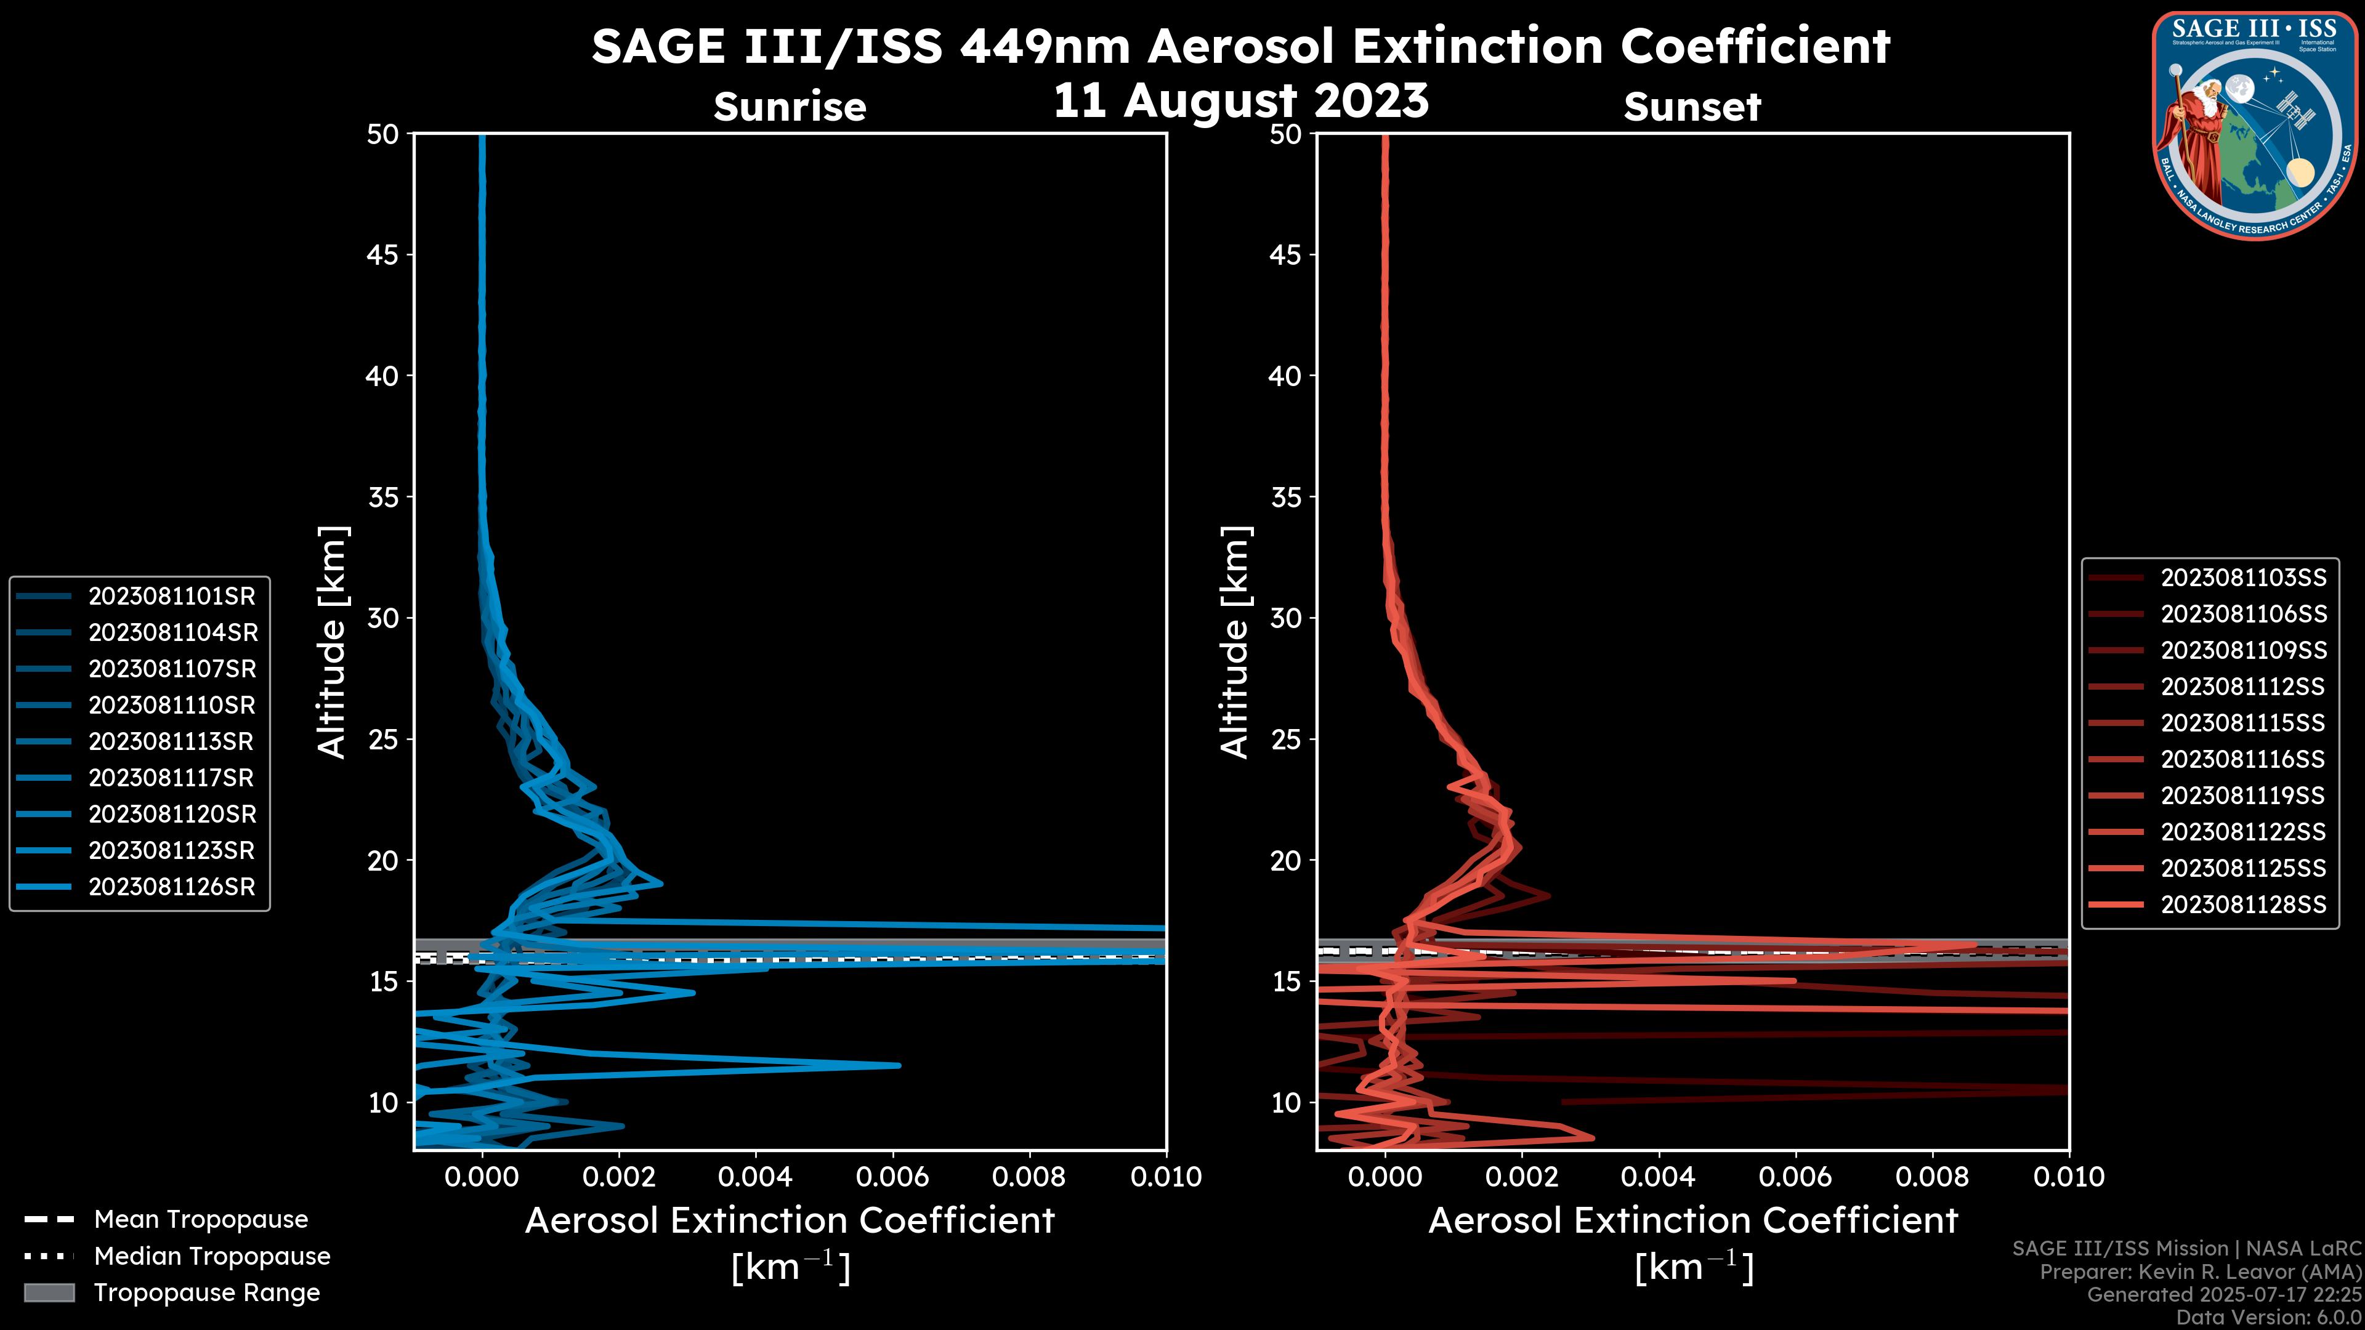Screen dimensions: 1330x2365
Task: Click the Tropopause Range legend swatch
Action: click(x=49, y=1293)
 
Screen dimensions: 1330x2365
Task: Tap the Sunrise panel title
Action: click(x=790, y=107)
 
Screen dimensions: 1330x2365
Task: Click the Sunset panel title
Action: click(x=1692, y=107)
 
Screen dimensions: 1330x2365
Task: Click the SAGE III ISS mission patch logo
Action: click(x=2256, y=126)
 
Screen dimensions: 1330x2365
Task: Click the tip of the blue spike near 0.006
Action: click(x=898, y=1066)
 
